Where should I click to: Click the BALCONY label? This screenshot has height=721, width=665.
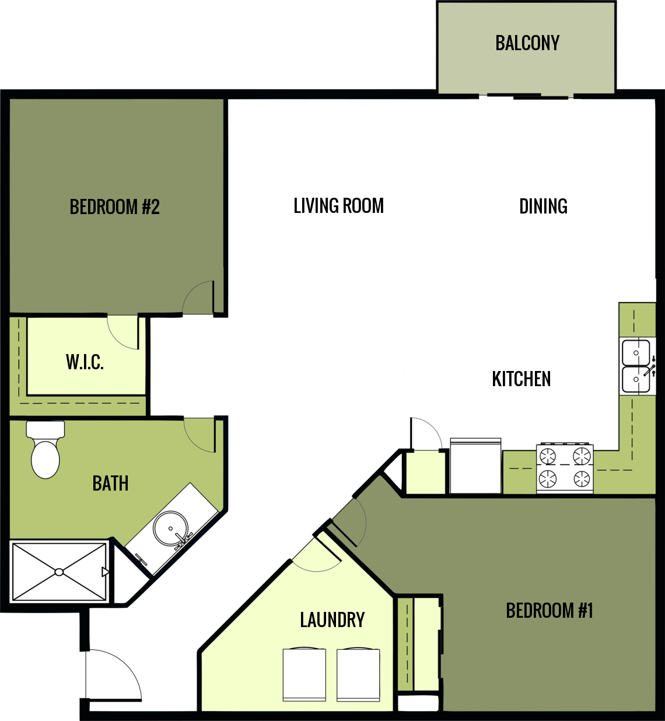(x=527, y=43)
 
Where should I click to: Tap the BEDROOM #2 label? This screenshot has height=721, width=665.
(x=114, y=207)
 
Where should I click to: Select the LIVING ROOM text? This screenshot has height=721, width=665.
(x=338, y=206)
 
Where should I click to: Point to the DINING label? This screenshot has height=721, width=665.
(x=543, y=206)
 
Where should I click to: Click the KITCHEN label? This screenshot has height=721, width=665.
(x=521, y=379)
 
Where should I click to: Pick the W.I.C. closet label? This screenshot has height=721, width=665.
(x=85, y=362)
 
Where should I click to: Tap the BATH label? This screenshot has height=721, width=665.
(x=110, y=484)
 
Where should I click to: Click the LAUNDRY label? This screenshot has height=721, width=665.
(x=332, y=619)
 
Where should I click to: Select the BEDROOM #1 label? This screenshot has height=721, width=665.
(x=549, y=611)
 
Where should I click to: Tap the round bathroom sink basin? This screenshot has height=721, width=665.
(x=170, y=528)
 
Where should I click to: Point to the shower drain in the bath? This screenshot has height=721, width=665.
(x=59, y=572)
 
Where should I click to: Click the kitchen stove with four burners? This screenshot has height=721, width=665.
(x=565, y=468)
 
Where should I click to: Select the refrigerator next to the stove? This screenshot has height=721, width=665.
(x=475, y=466)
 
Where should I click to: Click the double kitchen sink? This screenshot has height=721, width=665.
(x=636, y=366)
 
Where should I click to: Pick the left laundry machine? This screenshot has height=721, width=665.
(x=304, y=674)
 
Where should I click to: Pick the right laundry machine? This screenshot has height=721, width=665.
(x=358, y=674)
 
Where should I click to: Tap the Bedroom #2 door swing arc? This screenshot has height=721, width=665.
(x=198, y=297)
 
